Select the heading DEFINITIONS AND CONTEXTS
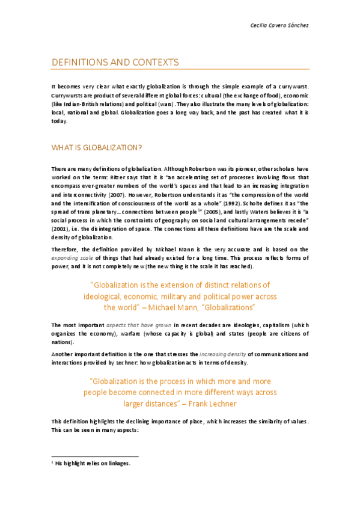(115, 63)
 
